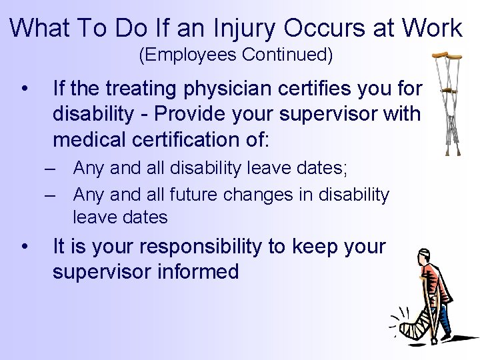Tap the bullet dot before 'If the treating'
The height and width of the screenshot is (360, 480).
pos(25,88)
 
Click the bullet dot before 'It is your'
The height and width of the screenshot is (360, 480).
pos(25,247)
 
